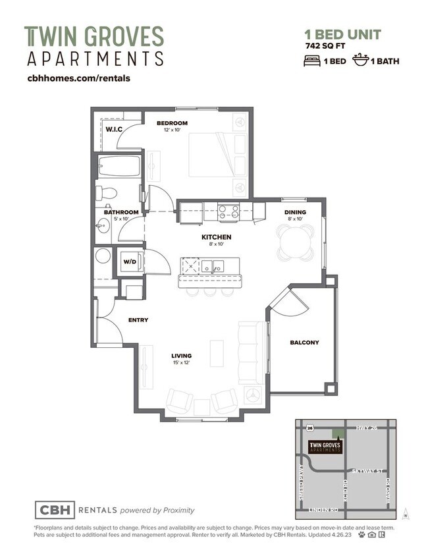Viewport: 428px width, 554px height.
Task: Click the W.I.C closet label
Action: tap(113, 130)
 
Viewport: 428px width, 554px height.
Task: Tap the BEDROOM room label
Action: tap(172, 123)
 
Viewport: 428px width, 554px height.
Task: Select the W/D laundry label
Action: tap(129, 262)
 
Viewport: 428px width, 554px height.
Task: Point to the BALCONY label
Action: tap(304, 343)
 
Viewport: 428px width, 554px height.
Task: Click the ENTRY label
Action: tap(138, 320)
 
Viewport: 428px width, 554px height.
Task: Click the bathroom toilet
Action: tap(106, 193)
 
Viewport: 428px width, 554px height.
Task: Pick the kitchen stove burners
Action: tap(228, 211)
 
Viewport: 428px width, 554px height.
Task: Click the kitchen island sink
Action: tap(213, 266)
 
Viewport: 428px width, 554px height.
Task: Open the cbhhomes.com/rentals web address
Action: tap(78, 78)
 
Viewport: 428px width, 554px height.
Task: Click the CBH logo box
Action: tap(54, 510)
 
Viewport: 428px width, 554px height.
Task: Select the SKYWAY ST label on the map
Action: tap(367, 471)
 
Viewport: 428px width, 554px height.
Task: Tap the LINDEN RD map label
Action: tap(323, 510)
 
